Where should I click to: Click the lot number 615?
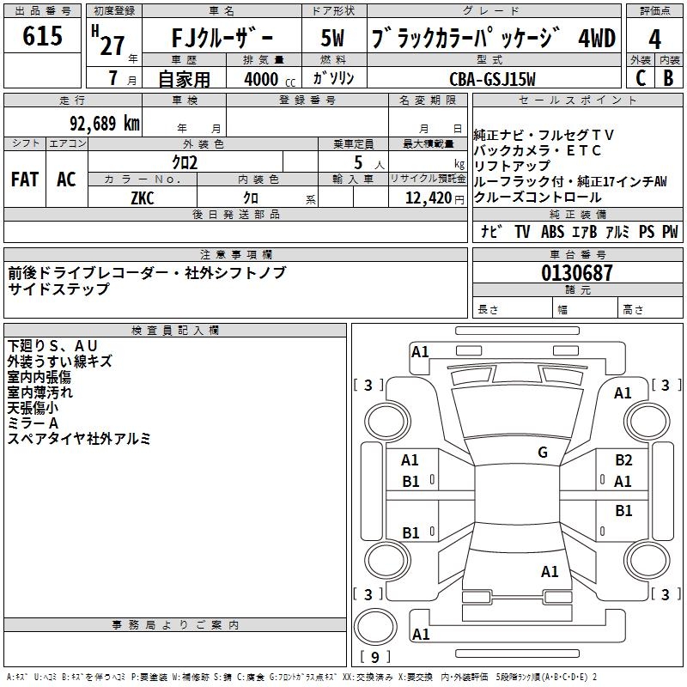point(43,37)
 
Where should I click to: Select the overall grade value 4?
point(654,40)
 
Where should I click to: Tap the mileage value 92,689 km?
point(106,123)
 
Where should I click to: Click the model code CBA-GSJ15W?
point(492,79)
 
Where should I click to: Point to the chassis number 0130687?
point(577,273)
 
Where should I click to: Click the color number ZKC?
point(143,197)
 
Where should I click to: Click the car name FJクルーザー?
point(220,39)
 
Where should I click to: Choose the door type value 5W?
point(334,39)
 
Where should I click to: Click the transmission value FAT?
point(25,179)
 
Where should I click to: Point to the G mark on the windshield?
point(543,453)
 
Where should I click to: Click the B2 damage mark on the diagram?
point(623,460)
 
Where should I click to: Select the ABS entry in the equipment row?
point(552,232)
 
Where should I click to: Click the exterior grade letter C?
point(639,78)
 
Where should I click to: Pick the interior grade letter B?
point(668,78)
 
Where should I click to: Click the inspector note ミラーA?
point(33,423)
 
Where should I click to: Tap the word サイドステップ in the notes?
point(58,289)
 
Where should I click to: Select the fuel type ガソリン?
point(334,78)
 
